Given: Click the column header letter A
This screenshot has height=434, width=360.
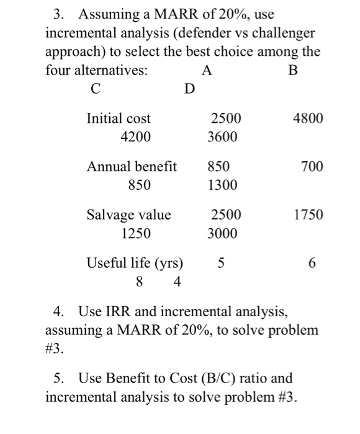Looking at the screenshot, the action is coord(207,70).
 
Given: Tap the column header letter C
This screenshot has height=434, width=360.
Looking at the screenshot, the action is coord(94,90).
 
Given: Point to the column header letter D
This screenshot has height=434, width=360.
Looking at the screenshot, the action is coord(189,90).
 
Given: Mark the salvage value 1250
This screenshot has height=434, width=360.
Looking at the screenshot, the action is coord(137,234).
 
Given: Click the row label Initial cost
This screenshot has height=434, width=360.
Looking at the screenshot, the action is coord(119,118).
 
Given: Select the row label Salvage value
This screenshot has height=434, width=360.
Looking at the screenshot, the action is coord(128,216).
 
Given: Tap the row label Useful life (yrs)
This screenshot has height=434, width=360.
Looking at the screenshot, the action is coord(135,263).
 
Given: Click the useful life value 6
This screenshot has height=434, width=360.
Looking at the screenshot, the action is coord(312,263).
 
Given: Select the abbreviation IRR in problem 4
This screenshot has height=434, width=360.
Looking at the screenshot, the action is coord(116,311).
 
